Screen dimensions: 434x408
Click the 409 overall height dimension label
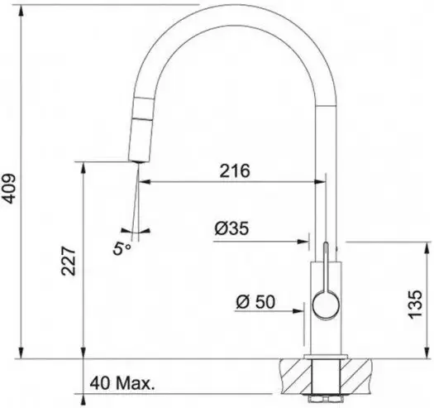(x=8, y=189)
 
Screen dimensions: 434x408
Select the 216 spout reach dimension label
(x=235, y=170)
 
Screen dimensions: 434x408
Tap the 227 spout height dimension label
(x=69, y=261)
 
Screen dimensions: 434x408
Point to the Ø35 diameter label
(x=231, y=228)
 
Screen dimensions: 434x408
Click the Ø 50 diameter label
(x=255, y=301)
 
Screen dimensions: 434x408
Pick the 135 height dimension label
(x=416, y=305)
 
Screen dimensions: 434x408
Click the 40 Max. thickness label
(x=122, y=383)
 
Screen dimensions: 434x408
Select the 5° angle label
(x=122, y=248)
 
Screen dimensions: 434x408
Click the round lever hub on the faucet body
(x=326, y=304)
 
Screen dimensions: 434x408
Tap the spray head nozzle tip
(x=139, y=162)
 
